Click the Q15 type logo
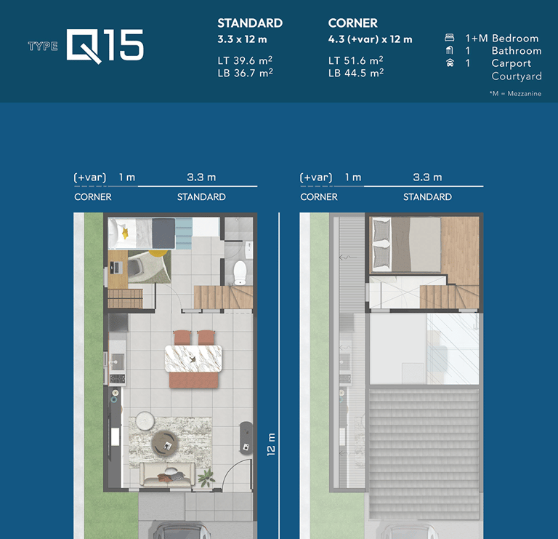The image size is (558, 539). coord(105,46)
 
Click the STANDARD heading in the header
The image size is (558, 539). coord(250,23)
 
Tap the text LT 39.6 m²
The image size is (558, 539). coord(245,60)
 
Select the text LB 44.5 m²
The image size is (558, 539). coord(356,73)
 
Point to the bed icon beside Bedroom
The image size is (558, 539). coord(450,37)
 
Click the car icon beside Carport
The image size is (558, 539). coord(450,63)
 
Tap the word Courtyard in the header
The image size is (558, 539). coord(517,76)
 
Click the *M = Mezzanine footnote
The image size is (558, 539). coord(515,94)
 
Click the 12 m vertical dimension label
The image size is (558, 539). coord(271,444)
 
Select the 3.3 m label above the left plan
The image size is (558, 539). coord(201,177)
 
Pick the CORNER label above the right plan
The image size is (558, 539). coord(319,197)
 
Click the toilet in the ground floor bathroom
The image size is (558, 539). coord(240,273)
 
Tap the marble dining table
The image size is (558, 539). coord(193,359)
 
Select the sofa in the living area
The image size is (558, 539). coord(167,474)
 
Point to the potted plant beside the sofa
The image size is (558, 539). coord(206,477)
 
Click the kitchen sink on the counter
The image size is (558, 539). coord(117,362)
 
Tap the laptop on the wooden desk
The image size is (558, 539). coord(116,268)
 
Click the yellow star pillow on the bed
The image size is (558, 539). coord(125,233)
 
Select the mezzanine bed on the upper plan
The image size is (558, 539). coord(406,244)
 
